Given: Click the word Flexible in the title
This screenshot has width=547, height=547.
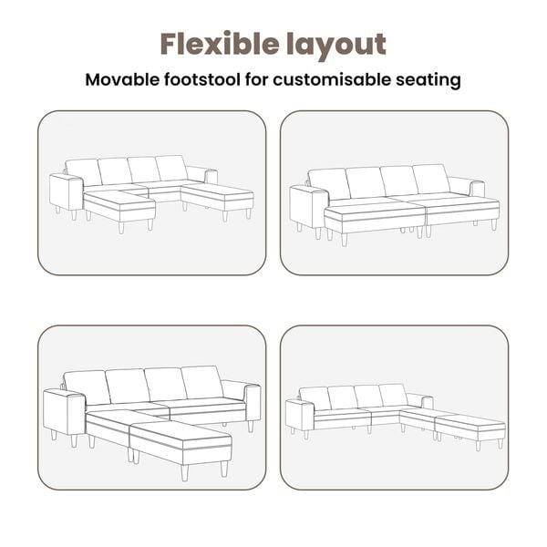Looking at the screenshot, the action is [x=220, y=44].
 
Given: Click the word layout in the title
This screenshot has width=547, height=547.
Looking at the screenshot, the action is [x=336, y=46].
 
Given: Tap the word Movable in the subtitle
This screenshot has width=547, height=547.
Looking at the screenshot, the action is [x=122, y=79].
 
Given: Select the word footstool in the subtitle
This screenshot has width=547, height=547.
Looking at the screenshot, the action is [x=202, y=79].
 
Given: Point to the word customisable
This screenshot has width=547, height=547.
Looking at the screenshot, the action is [x=332, y=79].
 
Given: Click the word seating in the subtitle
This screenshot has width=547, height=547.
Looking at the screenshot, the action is [x=428, y=80].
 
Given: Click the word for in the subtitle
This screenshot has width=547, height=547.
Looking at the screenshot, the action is [x=256, y=79].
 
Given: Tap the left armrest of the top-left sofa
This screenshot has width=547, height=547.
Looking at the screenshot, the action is [x=67, y=193].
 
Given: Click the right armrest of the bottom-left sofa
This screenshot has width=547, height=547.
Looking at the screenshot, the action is [x=253, y=404].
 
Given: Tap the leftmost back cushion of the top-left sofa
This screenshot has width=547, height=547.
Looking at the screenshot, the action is [x=84, y=172].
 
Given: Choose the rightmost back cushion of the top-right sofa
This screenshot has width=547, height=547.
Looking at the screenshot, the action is [x=431, y=179].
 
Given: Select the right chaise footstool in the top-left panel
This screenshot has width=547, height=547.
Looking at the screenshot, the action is [x=218, y=198].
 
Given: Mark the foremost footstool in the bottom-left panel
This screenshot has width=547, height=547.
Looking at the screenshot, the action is [x=181, y=443].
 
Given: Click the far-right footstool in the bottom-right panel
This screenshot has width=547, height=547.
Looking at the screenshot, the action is [x=470, y=428].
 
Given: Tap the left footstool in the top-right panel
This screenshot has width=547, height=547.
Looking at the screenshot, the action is [x=375, y=220].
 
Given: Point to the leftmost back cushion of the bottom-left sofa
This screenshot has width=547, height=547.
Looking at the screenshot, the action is [x=87, y=387].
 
